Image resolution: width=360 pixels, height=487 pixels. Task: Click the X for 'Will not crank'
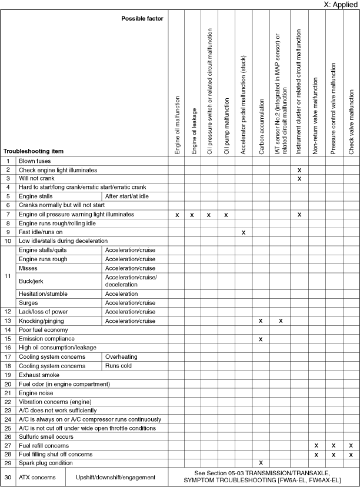299,178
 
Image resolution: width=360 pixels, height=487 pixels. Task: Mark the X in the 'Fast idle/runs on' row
243,232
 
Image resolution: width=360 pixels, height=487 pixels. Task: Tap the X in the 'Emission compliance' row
260,339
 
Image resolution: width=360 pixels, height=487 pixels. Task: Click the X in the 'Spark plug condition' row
260,462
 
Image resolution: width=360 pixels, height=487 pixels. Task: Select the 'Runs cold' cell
118,366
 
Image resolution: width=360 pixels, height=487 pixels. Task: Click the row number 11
8,276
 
